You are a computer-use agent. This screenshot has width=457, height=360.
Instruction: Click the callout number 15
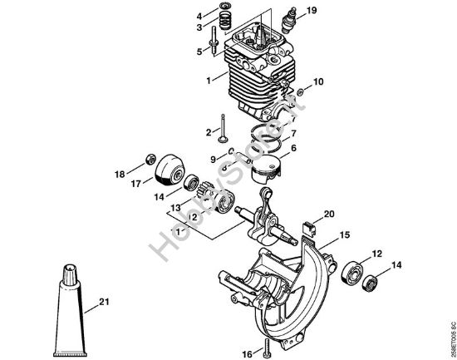[x=343, y=235]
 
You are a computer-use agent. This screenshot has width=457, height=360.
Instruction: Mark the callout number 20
[x=330, y=214]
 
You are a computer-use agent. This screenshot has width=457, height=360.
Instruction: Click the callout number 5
[x=199, y=51]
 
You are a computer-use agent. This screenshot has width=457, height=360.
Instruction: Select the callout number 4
[x=199, y=16]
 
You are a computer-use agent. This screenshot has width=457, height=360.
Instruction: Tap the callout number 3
[x=199, y=27]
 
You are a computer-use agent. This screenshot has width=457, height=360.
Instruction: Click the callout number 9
[x=213, y=158]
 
